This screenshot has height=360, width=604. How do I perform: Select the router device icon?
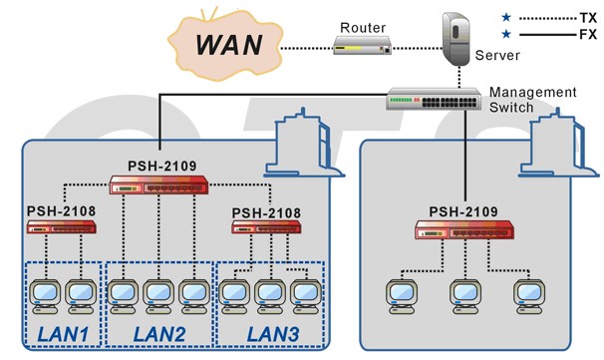tap(362, 45)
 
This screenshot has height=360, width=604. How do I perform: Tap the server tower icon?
tap(456, 39)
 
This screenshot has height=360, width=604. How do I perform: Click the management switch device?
tap(434, 99)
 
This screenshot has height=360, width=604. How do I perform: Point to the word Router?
tap(363, 28)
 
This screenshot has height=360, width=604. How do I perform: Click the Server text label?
tap(497, 55)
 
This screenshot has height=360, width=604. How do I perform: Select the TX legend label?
tap(588, 18)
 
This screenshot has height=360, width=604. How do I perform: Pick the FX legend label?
tap(588, 35)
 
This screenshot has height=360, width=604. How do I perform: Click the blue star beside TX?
tap(506, 17)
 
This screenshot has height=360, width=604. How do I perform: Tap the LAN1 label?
tap(63, 334)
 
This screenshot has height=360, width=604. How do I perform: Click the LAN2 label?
tap(159, 334)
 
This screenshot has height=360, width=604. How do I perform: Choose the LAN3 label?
tap(273, 334)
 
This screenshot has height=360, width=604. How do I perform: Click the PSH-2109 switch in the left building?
tap(158, 184)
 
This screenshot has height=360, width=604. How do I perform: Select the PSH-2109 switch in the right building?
tap(464, 230)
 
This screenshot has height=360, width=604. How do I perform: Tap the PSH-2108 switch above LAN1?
tap(61, 227)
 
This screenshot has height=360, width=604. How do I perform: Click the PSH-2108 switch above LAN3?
tap(266, 227)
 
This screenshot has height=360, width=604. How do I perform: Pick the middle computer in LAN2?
tap(158, 296)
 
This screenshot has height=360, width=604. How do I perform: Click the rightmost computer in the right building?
tap(529, 296)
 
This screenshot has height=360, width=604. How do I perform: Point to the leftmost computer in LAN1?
tap(45, 296)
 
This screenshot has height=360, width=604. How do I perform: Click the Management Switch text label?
tap(533, 100)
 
